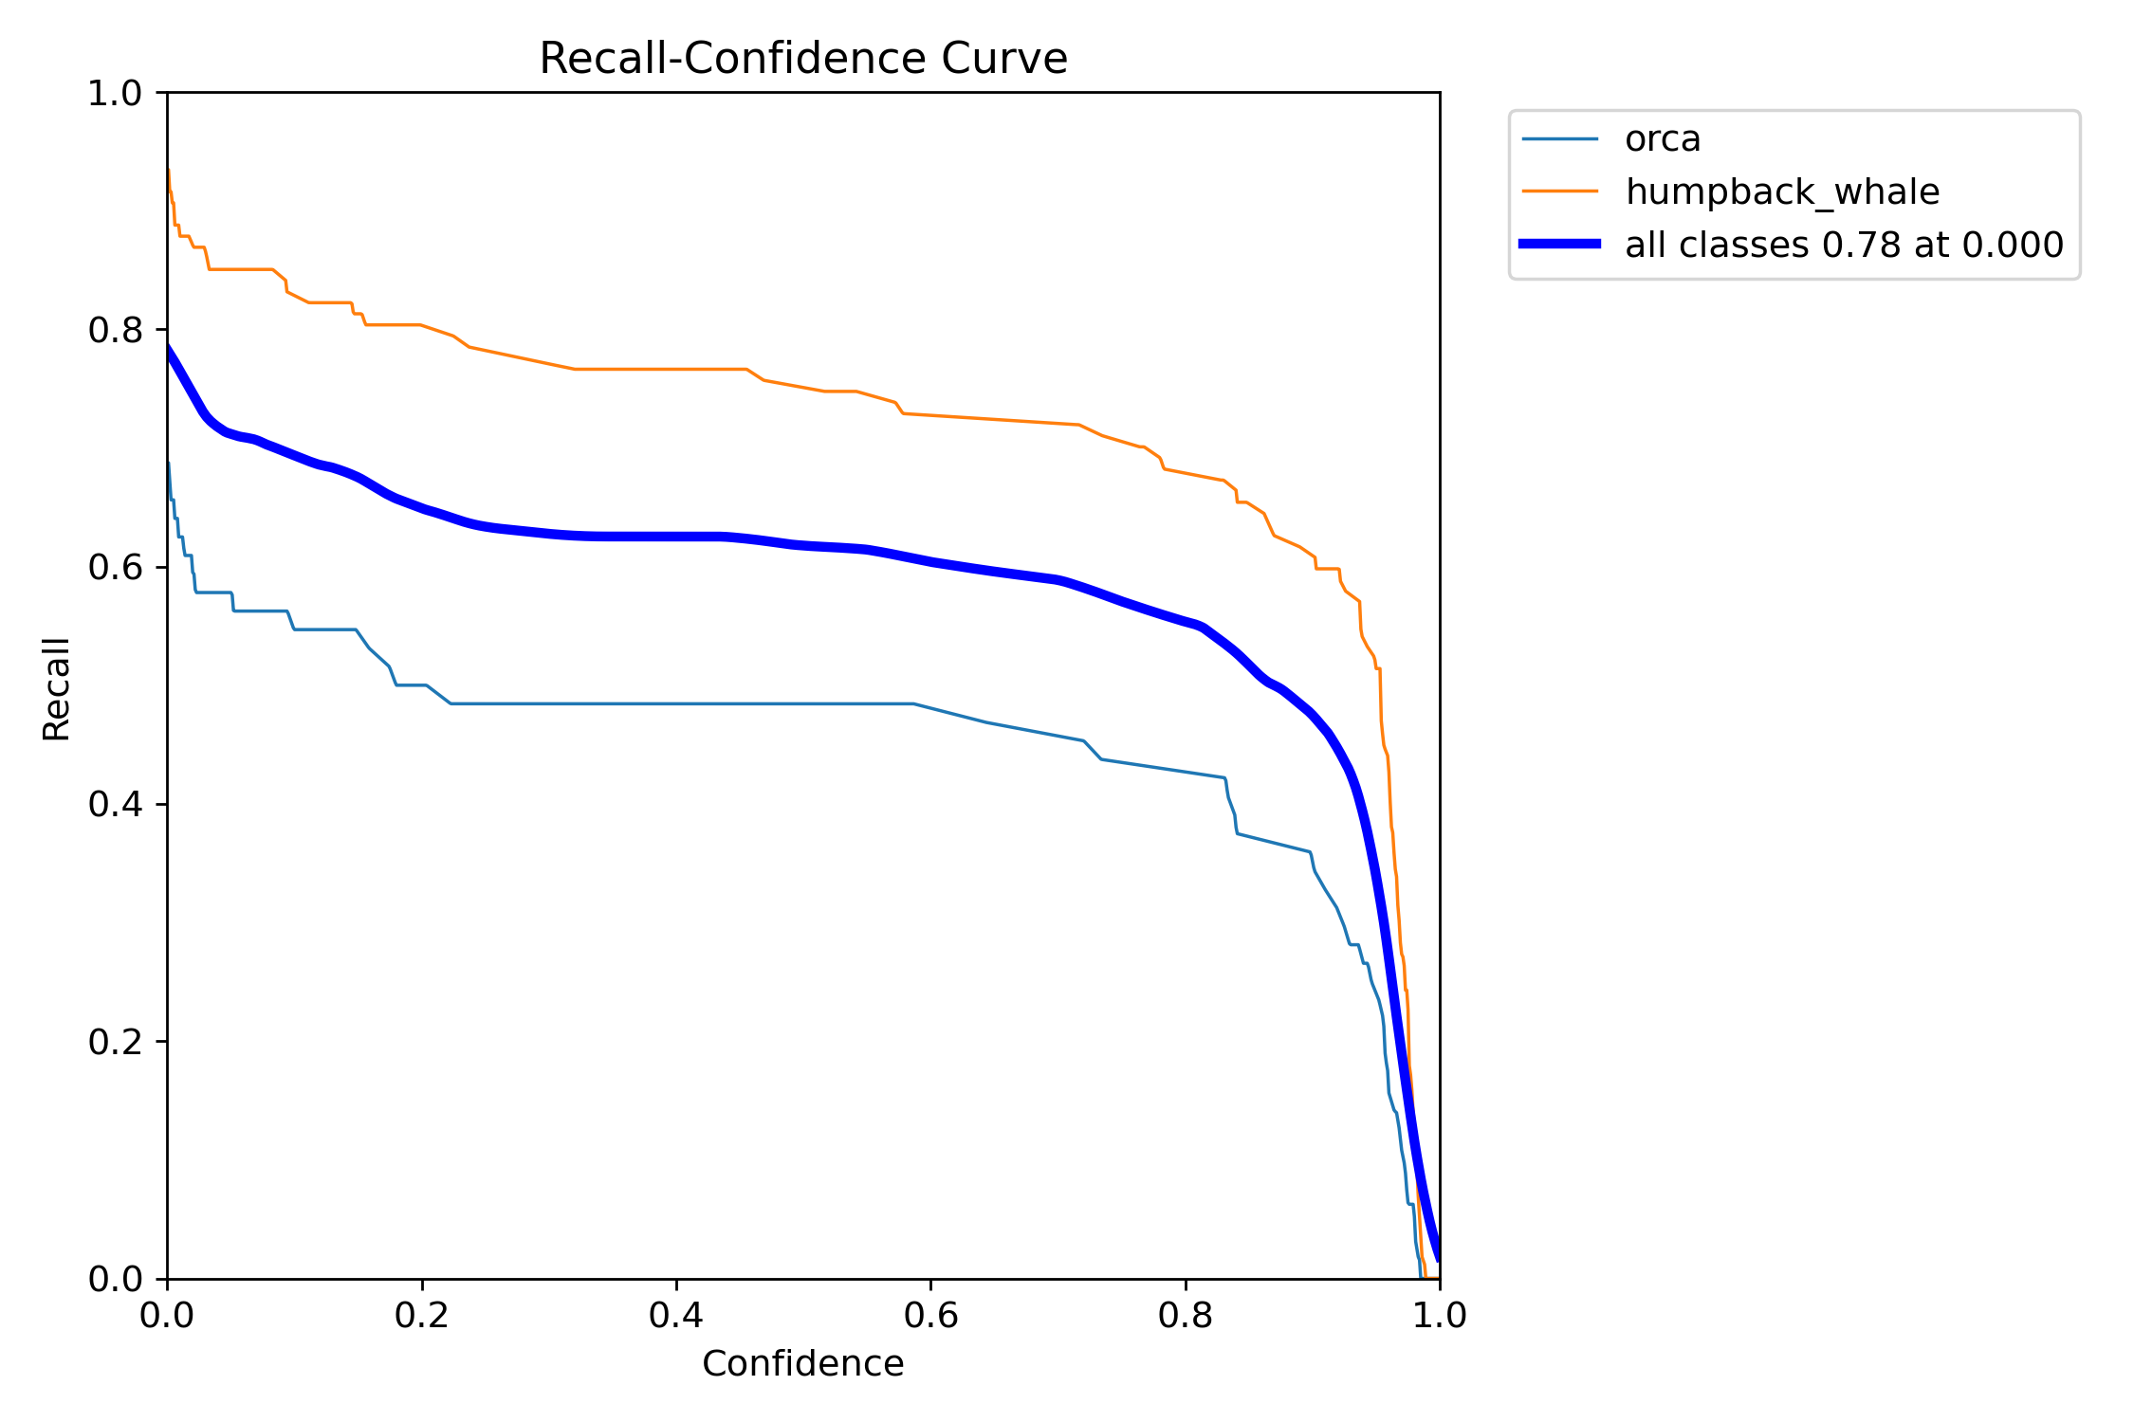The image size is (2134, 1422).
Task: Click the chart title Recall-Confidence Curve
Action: (x=802, y=59)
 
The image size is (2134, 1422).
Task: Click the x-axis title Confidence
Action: (x=802, y=1363)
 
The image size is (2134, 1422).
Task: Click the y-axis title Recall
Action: (x=57, y=688)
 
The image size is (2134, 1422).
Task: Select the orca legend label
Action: (x=1662, y=139)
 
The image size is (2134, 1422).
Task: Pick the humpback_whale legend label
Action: (x=1781, y=191)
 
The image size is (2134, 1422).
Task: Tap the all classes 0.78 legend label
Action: (x=1844, y=245)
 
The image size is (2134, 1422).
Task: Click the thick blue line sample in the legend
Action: (x=1559, y=245)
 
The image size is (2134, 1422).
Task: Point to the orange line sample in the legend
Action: (x=1559, y=191)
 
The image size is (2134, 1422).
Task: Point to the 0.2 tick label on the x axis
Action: (x=421, y=1315)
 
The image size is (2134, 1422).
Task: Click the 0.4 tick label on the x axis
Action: (x=676, y=1315)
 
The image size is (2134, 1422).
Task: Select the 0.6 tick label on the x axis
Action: (x=930, y=1315)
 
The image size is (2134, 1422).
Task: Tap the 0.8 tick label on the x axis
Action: (x=1185, y=1315)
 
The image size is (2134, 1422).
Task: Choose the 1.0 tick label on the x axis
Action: (x=1440, y=1315)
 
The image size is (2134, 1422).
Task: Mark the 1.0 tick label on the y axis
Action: (x=114, y=93)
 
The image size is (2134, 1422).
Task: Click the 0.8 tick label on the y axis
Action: (x=114, y=330)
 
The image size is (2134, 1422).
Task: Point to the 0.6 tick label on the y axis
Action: (x=114, y=567)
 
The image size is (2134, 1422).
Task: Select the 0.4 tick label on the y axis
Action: (x=114, y=804)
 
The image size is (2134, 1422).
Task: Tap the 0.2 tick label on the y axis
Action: (x=114, y=1041)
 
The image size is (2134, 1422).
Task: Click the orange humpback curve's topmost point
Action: (x=169, y=171)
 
